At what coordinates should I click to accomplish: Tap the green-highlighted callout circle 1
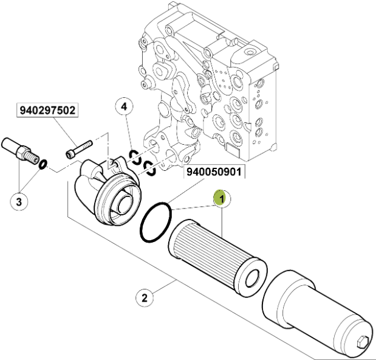click(222, 198)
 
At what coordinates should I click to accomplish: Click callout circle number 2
click(144, 298)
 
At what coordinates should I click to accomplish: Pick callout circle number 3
click(19, 201)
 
